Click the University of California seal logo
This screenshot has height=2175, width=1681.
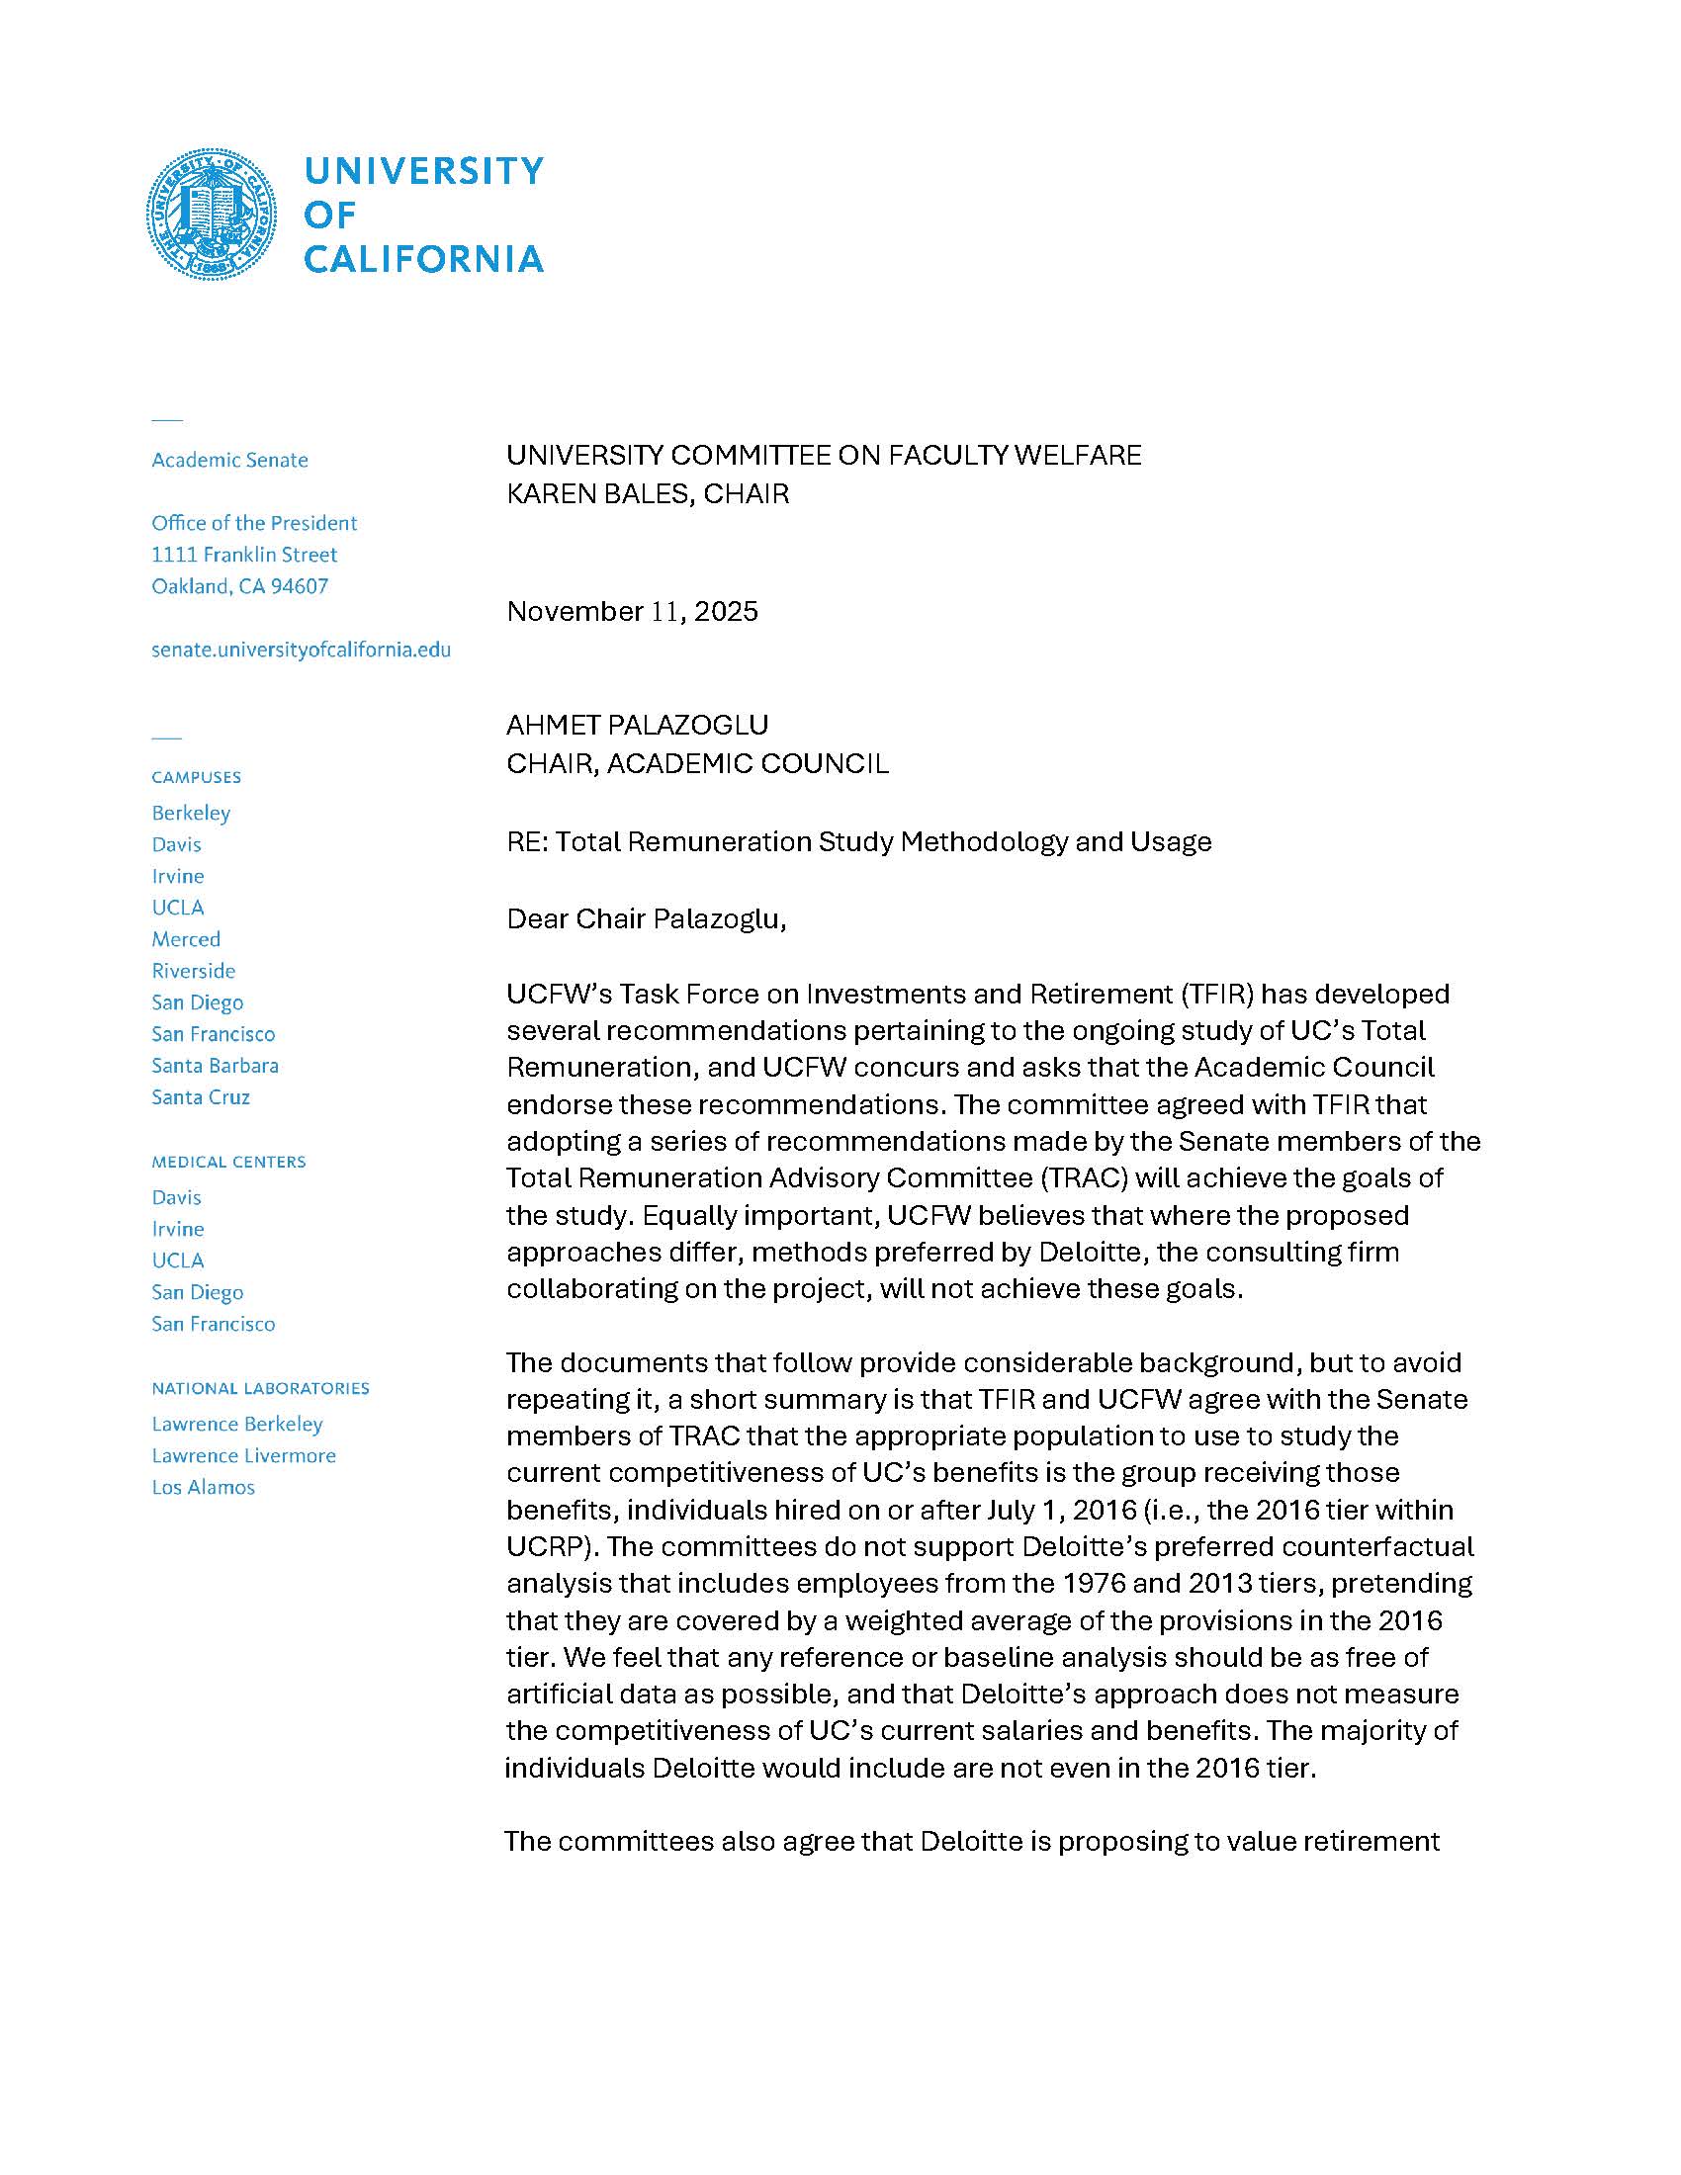tap(212, 214)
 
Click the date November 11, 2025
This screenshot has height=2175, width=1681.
tap(632, 610)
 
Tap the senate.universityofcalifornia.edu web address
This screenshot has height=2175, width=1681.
tap(301, 650)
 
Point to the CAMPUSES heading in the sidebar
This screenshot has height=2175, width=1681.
tap(196, 777)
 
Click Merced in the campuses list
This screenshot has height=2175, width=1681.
tap(186, 939)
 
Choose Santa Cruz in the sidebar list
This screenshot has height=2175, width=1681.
tap(200, 1096)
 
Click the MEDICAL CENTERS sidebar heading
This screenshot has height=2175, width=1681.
tap(228, 1162)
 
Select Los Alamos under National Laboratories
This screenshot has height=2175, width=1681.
tap(203, 1487)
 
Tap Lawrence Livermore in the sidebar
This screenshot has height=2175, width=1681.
tap(243, 1455)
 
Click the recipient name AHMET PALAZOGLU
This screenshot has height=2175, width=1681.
tap(638, 725)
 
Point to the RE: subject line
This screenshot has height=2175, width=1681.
tap(858, 841)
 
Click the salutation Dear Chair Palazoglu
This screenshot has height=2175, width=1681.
tap(646, 918)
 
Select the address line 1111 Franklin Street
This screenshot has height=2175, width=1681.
tap(244, 555)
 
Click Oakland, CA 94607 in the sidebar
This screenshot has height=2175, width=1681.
tap(239, 585)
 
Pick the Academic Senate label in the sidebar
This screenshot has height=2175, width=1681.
tap(229, 460)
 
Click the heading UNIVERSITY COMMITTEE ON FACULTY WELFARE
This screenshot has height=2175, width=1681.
tap(824, 455)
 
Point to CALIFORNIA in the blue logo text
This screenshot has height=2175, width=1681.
tap(423, 259)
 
